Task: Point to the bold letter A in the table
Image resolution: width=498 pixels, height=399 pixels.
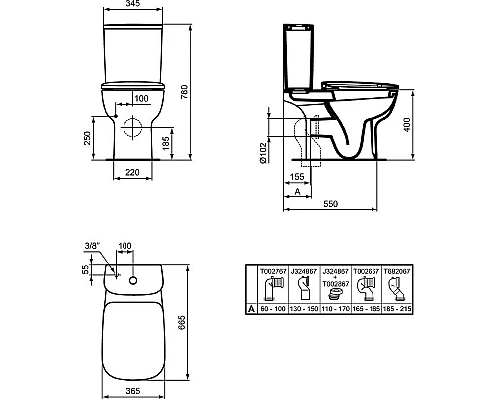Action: [250, 310]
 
